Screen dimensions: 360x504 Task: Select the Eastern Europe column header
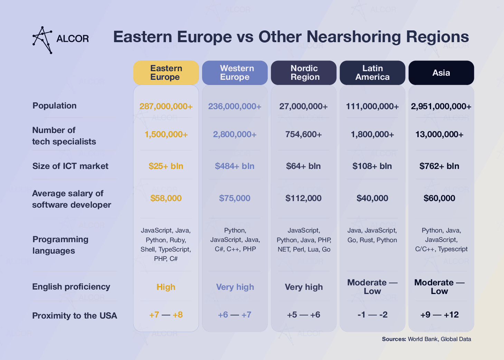point(166,73)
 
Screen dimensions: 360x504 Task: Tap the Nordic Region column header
point(304,73)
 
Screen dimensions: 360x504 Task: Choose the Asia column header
point(441,73)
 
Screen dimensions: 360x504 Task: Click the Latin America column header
point(372,73)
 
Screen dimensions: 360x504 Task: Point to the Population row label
point(55,106)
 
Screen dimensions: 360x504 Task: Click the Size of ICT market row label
point(70,166)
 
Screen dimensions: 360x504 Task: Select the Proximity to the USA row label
point(75,315)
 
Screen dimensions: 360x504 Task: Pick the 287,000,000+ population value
point(166,106)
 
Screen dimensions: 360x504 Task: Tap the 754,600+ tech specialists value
point(303,134)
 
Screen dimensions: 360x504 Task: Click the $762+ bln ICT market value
point(439,166)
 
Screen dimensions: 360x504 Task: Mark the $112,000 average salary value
point(303,198)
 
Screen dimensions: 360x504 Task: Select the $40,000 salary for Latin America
point(372,198)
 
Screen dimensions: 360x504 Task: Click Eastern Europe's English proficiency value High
point(166,287)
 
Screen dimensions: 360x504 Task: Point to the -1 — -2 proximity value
point(372,315)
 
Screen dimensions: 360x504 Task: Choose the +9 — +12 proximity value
point(439,315)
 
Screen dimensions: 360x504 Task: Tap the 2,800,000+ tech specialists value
point(235,134)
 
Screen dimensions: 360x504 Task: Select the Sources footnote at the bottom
point(426,339)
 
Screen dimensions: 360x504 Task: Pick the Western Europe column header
point(235,73)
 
